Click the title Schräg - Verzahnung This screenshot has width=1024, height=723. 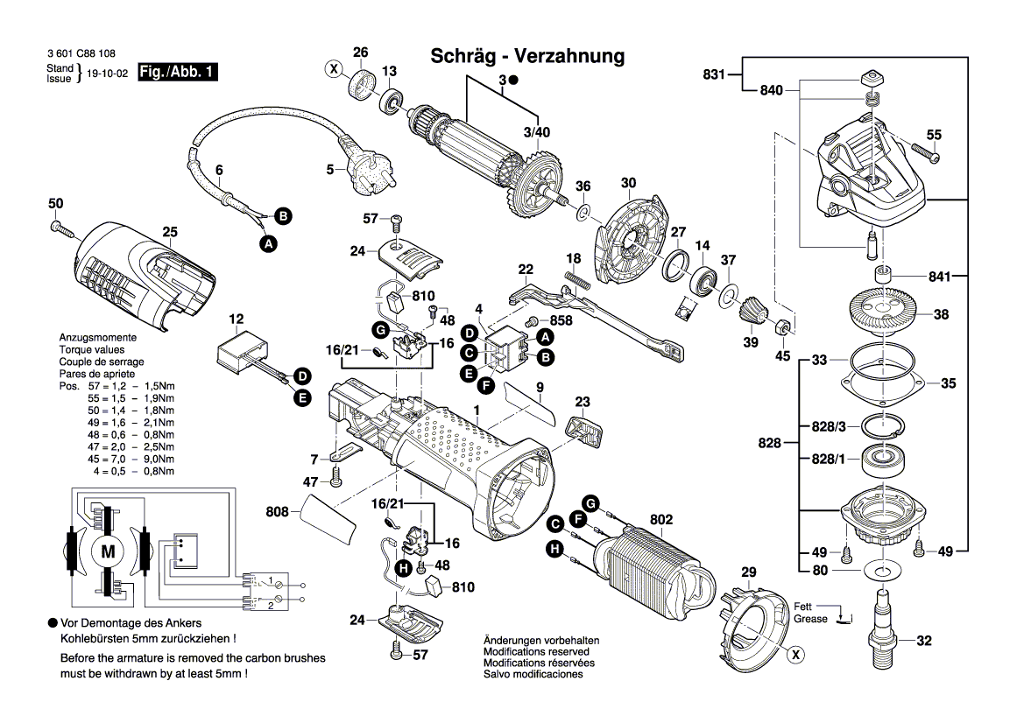coord(527,56)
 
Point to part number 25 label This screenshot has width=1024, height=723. coord(170,232)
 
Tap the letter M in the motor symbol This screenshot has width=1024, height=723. coord(108,552)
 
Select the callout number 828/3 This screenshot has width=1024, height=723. coord(829,426)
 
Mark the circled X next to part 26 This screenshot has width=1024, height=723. coord(333,67)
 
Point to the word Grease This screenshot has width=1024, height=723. coord(810,619)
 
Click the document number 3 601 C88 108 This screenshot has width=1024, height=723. coord(81,53)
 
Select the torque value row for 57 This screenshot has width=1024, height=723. coord(117,386)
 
